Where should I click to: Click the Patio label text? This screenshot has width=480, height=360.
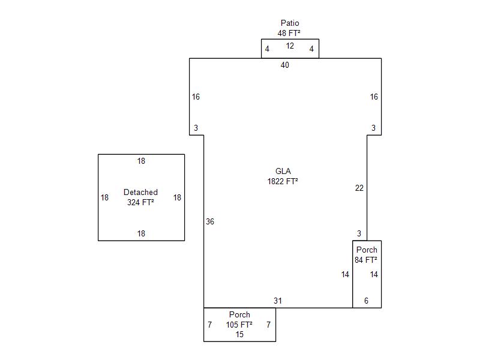(290, 23)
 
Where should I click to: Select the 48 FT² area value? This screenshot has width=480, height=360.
(289, 34)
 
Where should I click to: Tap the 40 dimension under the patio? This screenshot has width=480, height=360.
(285, 65)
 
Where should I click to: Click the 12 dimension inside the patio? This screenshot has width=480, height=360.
(290, 46)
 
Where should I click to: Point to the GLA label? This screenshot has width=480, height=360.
(283, 172)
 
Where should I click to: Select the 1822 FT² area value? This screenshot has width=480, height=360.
(283, 181)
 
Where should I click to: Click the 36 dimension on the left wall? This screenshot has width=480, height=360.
(210, 222)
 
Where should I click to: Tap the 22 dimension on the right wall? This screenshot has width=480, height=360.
(359, 188)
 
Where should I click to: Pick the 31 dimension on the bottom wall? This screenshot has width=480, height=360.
(278, 301)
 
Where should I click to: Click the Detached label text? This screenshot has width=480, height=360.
(140, 193)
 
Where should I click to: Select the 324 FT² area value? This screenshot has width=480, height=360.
(140, 203)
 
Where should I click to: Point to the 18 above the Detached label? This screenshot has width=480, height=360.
(141, 161)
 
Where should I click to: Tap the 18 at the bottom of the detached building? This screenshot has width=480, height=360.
(141, 234)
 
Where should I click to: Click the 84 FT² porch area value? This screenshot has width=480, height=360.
(366, 260)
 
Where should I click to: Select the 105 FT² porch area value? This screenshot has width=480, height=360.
(239, 325)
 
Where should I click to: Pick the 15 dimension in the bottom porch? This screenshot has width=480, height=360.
(239, 335)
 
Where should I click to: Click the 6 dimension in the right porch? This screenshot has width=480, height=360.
(367, 301)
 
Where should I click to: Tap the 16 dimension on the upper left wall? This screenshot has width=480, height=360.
(196, 97)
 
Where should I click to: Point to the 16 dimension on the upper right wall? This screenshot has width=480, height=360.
(374, 97)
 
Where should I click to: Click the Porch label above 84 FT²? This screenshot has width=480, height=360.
(367, 250)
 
